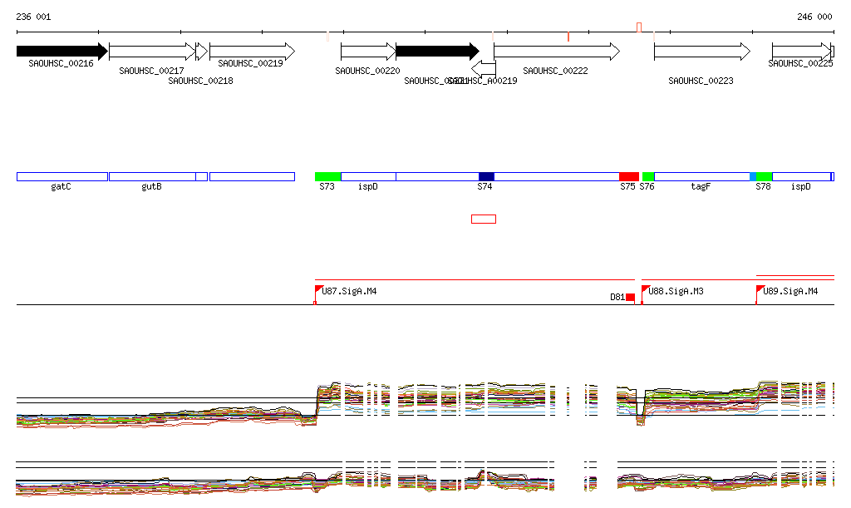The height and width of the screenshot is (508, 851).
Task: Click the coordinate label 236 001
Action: point(33,17)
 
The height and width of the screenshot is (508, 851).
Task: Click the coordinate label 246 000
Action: point(814,17)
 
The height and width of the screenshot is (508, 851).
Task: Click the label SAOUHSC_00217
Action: point(151,72)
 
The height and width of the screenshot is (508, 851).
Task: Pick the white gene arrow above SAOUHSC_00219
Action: point(252,51)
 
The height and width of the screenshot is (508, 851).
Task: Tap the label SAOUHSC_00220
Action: point(367,72)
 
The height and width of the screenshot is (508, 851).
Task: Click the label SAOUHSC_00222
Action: point(555,72)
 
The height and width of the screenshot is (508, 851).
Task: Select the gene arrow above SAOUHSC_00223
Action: point(701,52)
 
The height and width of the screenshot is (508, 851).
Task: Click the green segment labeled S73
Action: point(327,176)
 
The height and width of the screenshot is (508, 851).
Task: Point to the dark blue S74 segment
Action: point(486,176)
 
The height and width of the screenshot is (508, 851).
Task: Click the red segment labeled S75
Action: point(629,176)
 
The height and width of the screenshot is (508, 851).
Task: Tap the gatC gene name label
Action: point(61,187)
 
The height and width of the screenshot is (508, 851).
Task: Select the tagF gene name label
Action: point(701,187)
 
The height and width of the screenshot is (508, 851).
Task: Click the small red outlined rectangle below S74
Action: point(484,219)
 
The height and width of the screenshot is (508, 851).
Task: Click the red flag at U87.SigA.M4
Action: point(318,289)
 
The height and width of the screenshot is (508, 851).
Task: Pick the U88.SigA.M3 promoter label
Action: point(676,291)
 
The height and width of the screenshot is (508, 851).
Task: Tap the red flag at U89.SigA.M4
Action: point(760,289)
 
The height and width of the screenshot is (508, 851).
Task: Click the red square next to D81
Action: point(630,297)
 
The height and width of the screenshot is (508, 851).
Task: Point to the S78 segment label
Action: point(763,187)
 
